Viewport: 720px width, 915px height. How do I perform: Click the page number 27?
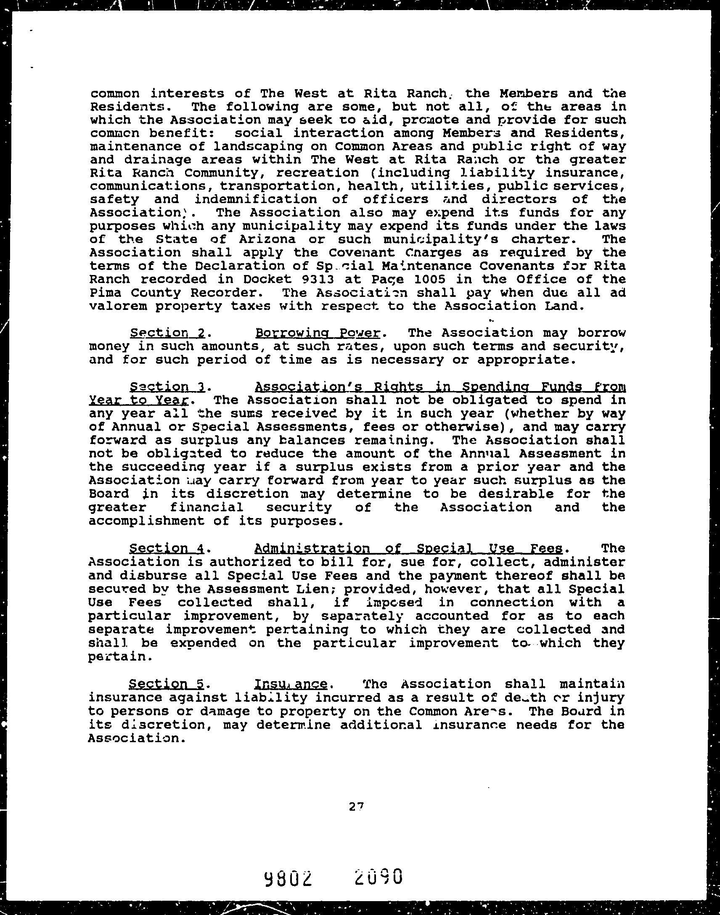pos(356,806)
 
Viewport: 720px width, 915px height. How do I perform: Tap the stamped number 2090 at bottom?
pos(379,875)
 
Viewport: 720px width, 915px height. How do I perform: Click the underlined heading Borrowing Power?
pos(318,333)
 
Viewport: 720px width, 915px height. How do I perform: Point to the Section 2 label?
pos(167,333)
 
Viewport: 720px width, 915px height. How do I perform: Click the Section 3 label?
pos(167,386)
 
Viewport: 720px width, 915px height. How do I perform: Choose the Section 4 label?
pos(167,548)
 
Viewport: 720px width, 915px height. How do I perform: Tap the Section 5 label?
pos(167,683)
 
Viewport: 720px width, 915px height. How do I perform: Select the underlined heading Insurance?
pos(291,683)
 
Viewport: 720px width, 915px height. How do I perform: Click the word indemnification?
pos(255,199)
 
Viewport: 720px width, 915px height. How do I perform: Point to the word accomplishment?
pos(146,521)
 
